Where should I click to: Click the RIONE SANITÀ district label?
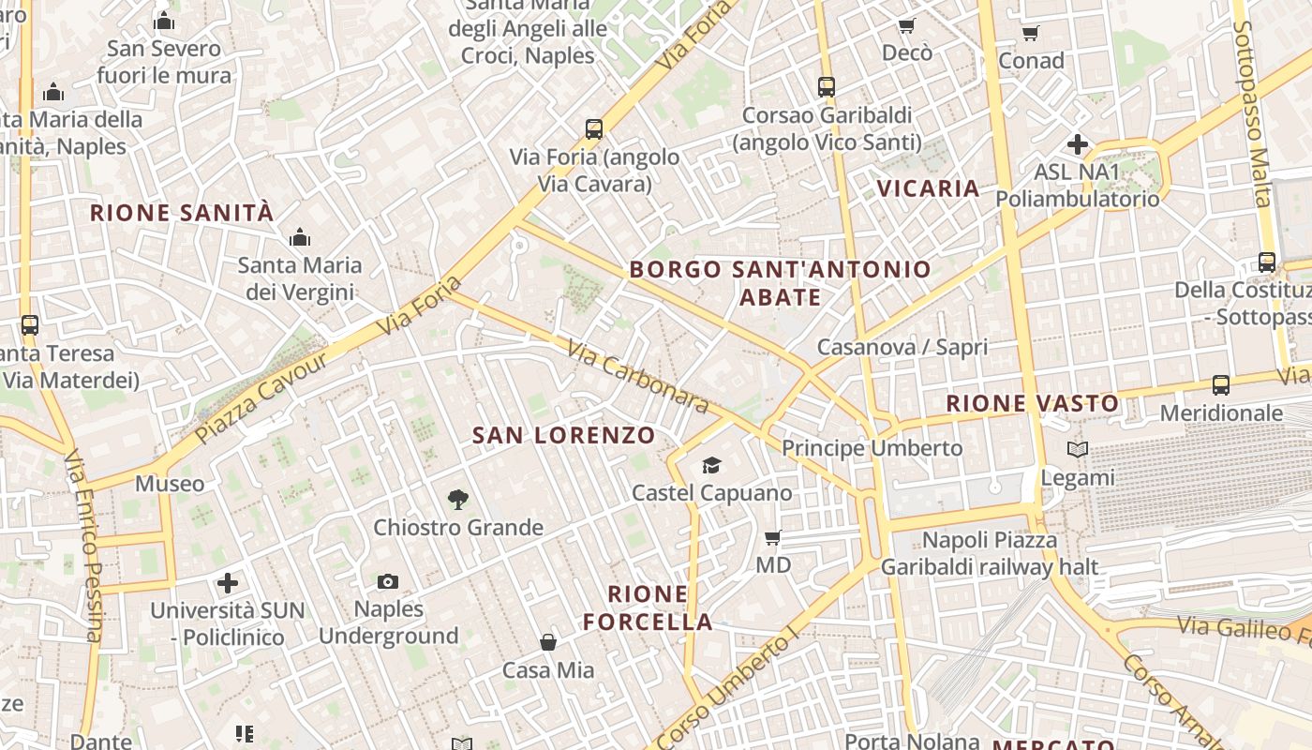pyautogui.click(x=182, y=213)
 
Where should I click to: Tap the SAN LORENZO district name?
pyautogui.click(x=563, y=435)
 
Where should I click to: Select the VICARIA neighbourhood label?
pyautogui.click(x=928, y=188)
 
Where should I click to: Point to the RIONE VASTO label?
pyautogui.click(x=1032, y=404)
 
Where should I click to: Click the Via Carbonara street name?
pyautogui.click(x=637, y=375)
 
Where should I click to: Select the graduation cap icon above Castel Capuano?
pyautogui.click(x=711, y=465)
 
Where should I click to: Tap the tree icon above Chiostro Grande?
pyautogui.click(x=458, y=500)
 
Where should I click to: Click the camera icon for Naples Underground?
pyautogui.click(x=388, y=581)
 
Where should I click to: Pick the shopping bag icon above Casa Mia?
pyautogui.click(x=548, y=642)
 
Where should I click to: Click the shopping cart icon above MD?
pyautogui.click(x=773, y=537)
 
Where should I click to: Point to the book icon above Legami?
pyautogui.click(x=1078, y=450)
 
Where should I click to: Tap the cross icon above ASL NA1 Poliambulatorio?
pyautogui.click(x=1078, y=144)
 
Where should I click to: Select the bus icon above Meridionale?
pyautogui.click(x=1220, y=384)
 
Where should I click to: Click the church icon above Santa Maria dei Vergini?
pyautogui.click(x=300, y=237)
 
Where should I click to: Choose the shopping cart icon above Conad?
pyautogui.click(x=1031, y=33)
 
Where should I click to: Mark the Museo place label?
pyautogui.click(x=170, y=484)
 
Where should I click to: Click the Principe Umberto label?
pyautogui.click(x=872, y=448)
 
